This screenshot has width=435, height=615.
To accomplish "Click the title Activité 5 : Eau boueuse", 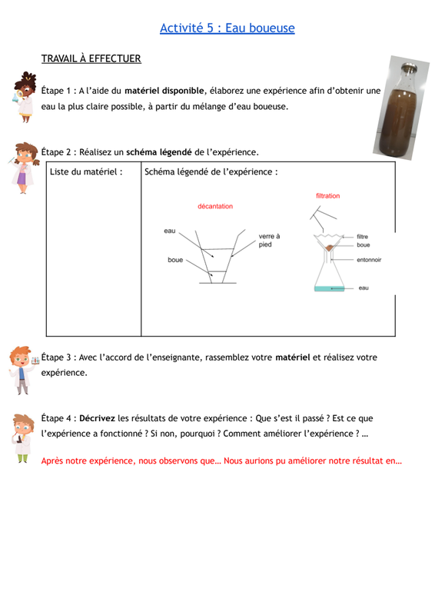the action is coord(227,28).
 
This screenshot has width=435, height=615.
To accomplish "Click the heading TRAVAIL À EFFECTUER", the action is coord(91,58).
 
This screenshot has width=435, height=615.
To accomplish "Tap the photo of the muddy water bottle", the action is coord(401,108).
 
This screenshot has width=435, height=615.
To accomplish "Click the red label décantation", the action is coord(215,206).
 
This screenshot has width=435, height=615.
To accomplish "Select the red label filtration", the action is coord(328,196).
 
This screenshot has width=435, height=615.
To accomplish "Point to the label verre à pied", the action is coord(269,240).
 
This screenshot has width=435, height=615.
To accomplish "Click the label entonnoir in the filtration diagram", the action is coord(369,260).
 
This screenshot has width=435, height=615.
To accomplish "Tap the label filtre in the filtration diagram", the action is coord(362,237).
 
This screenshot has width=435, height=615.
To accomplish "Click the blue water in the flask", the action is coord(329,289).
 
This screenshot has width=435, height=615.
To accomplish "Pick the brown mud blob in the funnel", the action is coord(329,248).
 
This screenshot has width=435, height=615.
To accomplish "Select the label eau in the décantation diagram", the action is coord(169,231).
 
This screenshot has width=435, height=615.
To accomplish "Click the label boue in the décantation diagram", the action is coord(175,260).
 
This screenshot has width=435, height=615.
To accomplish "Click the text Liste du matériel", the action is coord(86,171).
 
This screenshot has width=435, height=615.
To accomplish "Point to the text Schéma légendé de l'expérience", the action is coord(211,171).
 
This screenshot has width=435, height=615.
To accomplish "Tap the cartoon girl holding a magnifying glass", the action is coord(25,97).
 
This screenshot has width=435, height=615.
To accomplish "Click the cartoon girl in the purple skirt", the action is coord(24,168).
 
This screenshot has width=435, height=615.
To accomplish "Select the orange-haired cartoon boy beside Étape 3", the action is coord(24,370).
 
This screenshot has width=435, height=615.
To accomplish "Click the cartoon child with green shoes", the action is coord(22,438).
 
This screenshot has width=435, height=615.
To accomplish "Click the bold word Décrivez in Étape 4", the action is coord(97,418).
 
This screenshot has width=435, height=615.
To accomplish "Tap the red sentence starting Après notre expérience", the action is coord(221,460).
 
